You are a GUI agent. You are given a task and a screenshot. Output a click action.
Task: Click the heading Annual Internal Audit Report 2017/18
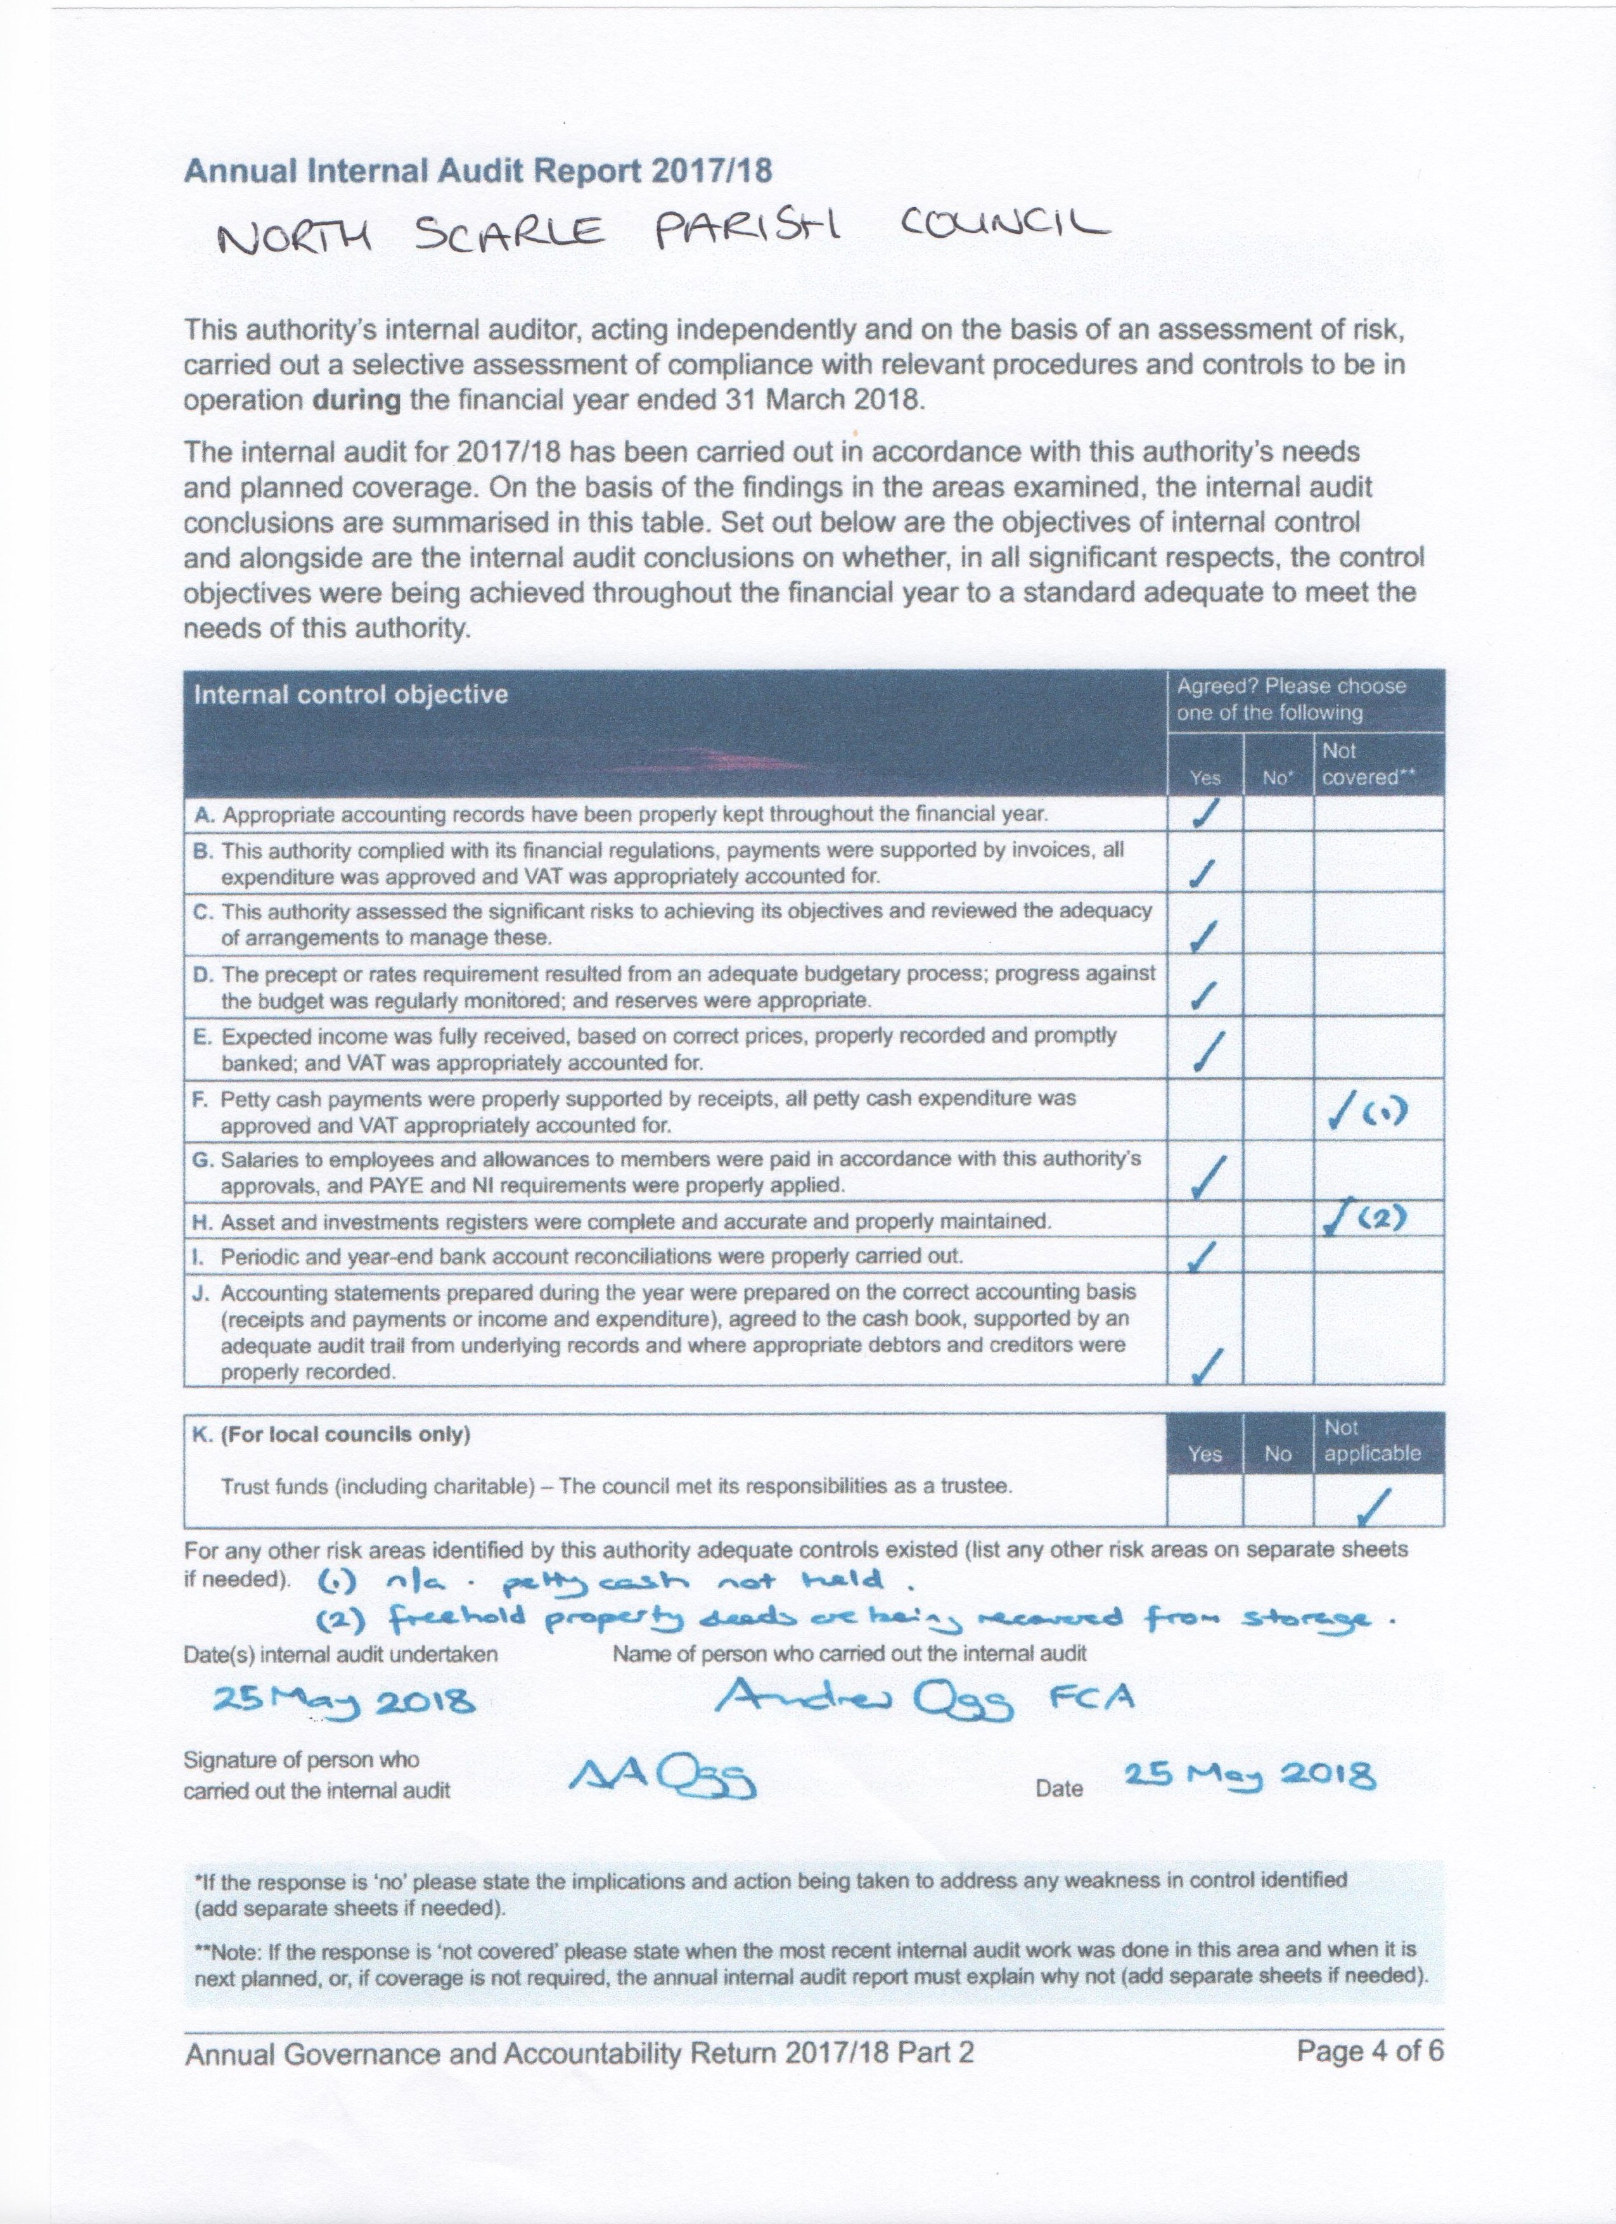pos(478,172)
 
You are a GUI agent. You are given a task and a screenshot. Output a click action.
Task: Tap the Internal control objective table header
pos(351,694)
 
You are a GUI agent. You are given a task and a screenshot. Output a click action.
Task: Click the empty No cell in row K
pos(1277,1501)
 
